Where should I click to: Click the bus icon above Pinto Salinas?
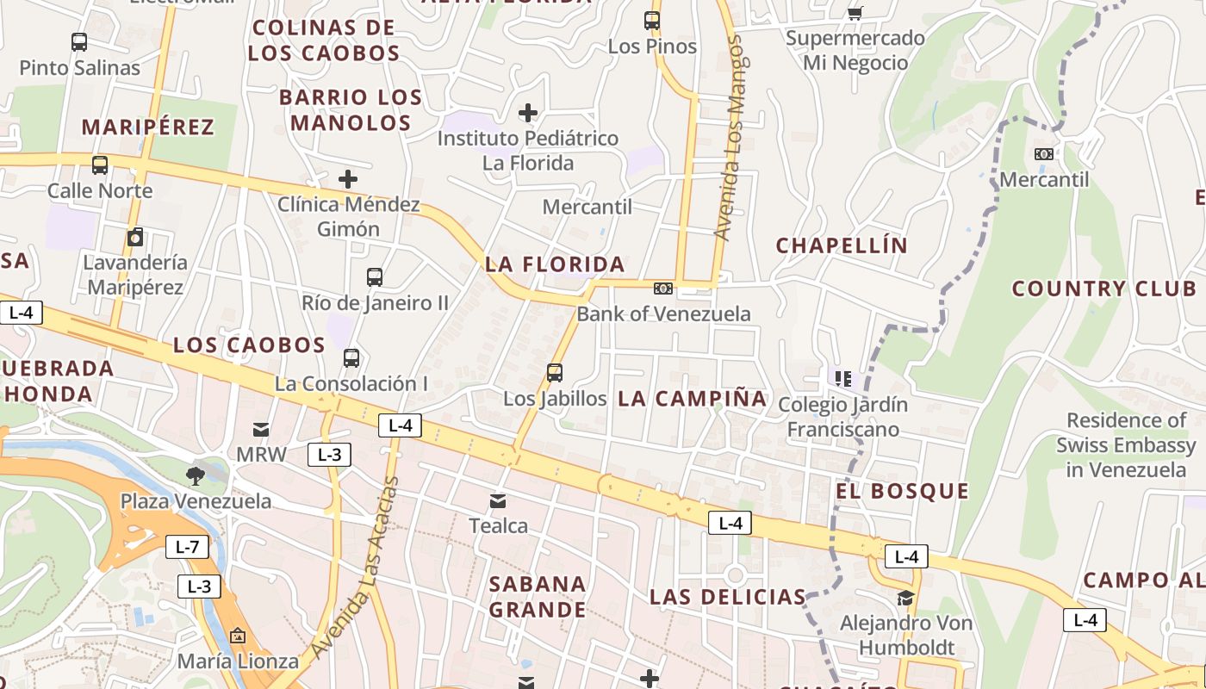pos(79,41)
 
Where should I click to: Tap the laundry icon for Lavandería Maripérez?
pos(135,237)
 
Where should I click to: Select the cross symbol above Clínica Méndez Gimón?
pos(348,179)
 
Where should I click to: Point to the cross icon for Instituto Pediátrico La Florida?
pos(528,113)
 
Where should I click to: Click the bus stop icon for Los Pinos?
pos(652,20)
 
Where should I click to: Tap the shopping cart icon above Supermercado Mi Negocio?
pos(855,12)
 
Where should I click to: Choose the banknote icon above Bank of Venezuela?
pos(663,289)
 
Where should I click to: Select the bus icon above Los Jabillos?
pos(555,373)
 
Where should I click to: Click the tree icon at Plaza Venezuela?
pos(196,475)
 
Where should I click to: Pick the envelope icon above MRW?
pos(261,429)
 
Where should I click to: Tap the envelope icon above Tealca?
pos(498,500)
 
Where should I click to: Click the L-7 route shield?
pos(187,546)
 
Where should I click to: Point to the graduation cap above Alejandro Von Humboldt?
pos(905,598)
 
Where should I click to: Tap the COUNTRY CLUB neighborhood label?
pos(1103,289)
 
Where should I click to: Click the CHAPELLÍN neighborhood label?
pos(842,245)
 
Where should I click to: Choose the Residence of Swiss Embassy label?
pos(1126,445)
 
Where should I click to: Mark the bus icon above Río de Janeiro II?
pos(374,277)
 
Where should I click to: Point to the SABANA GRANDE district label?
pos(538,596)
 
